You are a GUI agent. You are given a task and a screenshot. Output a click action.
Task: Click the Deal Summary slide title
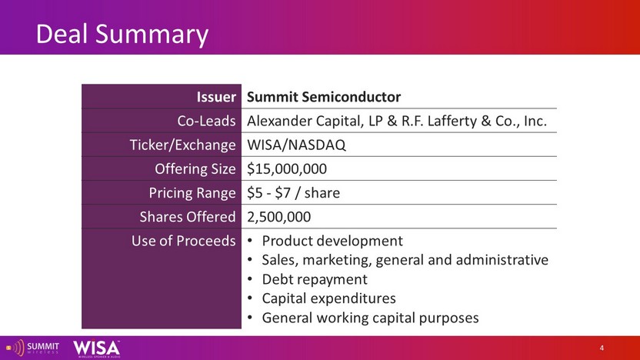[122, 35]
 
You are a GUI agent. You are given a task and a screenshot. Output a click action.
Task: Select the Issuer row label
[216, 97]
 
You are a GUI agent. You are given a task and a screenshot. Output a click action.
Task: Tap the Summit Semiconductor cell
[324, 97]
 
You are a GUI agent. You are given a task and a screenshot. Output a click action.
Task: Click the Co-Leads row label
[206, 121]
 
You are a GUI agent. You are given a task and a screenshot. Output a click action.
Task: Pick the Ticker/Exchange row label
[182, 145]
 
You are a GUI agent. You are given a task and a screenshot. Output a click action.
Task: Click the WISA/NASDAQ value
[296, 145]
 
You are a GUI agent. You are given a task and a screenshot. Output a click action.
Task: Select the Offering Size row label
[195, 169]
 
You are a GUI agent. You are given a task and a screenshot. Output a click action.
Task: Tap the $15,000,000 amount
[286, 169]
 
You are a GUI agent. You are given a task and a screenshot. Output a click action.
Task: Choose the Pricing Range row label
[192, 193]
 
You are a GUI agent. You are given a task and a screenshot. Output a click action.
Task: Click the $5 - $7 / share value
[293, 192]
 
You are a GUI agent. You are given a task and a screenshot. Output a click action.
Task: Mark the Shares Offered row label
[188, 217]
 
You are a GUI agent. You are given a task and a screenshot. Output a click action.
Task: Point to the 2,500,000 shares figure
[278, 217]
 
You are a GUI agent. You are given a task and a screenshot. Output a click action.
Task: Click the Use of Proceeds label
[183, 241]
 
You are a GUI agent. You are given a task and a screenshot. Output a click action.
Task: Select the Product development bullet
[332, 242]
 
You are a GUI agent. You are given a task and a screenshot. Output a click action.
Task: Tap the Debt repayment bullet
[315, 279]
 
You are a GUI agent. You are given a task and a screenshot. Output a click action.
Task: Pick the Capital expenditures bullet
[328, 298]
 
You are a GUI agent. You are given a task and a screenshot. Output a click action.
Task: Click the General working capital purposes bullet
[370, 318]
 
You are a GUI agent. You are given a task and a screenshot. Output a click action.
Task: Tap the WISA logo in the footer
[97, 348]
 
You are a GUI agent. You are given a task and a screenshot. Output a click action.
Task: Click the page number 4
[602, 348]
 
